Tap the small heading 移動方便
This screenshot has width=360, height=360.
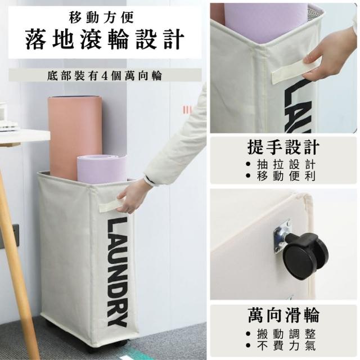tap(101, 17)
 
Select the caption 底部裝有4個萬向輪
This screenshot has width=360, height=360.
tap(105, 75)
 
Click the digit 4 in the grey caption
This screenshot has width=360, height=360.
tap(105, 76)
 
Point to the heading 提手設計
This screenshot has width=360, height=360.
tap(283, 147)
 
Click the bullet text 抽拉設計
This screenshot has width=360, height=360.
tap(286, 164)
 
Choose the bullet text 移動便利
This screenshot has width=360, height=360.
tap(286, 176)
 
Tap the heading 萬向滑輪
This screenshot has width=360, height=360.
tap(283, 315)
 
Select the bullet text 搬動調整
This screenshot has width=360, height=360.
tap(286, 334)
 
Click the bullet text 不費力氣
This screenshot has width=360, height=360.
tap(286, 346)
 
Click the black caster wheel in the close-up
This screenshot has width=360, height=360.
tap(305, 259)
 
